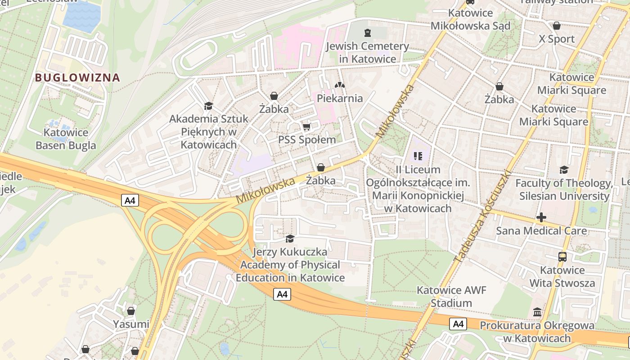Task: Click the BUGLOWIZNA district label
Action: click(x=77, y=77)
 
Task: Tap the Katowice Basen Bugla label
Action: click(x=66, y=139)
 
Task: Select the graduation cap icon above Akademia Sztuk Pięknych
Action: click(x=208, y=106)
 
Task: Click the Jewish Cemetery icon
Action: click(x=368, y=32)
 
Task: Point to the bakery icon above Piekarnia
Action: click(x=339, y=85)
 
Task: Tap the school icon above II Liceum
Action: click(x=418, y=156)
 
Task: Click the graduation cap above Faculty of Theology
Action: click(x=564, y=170)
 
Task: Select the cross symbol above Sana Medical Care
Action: click(x=541, y=218)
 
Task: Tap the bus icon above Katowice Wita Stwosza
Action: click(x=562, y=257)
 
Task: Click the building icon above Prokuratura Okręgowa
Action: click(x=537, y=312)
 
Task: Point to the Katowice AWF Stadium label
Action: click(x=451, y=297)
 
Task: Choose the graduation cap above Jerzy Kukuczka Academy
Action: click(x=290, y=238)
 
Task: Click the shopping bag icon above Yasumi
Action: click(x=131, y=311)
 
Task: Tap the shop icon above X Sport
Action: click(x=557, y=26)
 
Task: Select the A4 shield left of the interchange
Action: click(x=130, y=200)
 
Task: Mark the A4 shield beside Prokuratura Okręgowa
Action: click(x=458, y=324)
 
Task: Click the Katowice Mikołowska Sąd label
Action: click(x=471, y=19)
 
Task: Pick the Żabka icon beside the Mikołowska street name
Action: click(x=321, y=168)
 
